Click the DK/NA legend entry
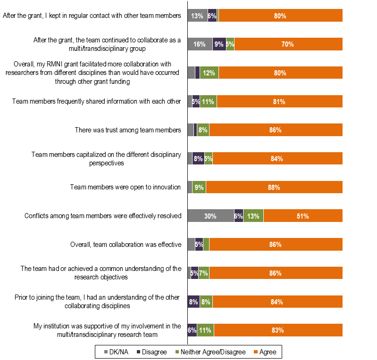[116, 352]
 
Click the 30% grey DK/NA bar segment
[210, 216]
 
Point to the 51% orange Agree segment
[302, 216]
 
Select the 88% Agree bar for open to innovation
[274, 187]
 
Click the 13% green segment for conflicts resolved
[253, 216]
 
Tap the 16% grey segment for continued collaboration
[200, 44]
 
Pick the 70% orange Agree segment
[288, 44]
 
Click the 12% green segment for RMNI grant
[209, 73]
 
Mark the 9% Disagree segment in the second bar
[219, 44]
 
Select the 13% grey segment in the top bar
[197, 16]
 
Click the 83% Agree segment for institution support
[278, 330]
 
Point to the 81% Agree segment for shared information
[279, 101]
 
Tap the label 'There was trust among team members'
[128, 130]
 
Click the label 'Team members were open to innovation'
[126, 187]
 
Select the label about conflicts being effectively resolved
[103, 216]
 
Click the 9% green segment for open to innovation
[199, 187]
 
